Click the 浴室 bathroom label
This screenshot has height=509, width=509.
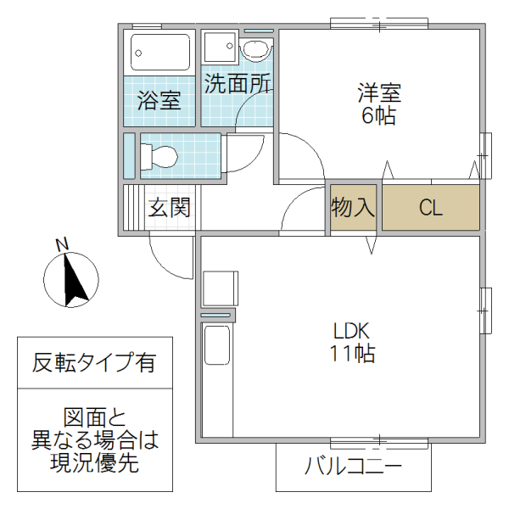coord(159,101)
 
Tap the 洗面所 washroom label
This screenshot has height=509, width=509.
coord(238,85)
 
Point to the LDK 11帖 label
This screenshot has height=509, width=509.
coord(353,342)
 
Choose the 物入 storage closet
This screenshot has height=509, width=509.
coord(353,208)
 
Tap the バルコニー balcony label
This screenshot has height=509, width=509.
coord(353,466)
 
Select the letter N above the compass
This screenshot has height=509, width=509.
coord(61,245)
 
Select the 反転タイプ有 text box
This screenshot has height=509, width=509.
coord(94,363)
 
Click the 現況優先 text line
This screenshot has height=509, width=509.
coord(94,463)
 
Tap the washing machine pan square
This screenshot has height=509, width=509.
coord(221,48)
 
